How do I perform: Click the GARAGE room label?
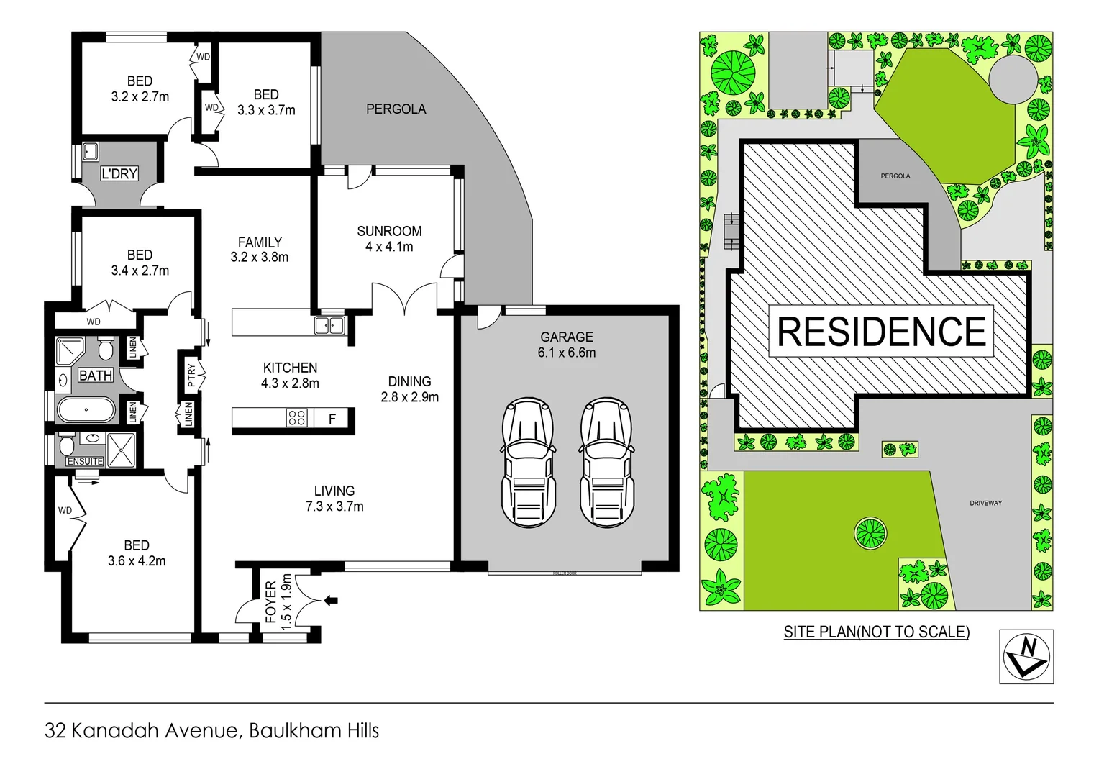[x=567, y=337]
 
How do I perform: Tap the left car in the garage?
[x=529, y=462]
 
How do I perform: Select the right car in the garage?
[x=608, y=462]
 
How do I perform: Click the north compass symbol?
[x=1026, y=656]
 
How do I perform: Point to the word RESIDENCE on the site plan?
[x=881, y=332]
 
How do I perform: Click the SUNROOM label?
[x=389, y=231]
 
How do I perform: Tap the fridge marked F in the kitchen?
[x=332, y=418]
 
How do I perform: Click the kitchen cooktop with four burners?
[x=296, y=418]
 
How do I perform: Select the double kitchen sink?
[x=329, y=326]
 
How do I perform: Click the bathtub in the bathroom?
[x=86, y=410]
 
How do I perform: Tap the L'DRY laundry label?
[x=119, y=173]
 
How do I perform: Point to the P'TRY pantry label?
[x=191, y=375]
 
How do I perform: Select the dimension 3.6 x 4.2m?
[x=137, y=561]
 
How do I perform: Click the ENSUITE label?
[x=85, y=461]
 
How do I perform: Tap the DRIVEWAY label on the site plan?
[x=985, y=503]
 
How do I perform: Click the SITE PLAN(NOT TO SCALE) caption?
[x=876, y=632]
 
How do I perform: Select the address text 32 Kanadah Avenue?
[x=140, y=731]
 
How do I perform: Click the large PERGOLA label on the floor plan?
[x=396, y=109]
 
